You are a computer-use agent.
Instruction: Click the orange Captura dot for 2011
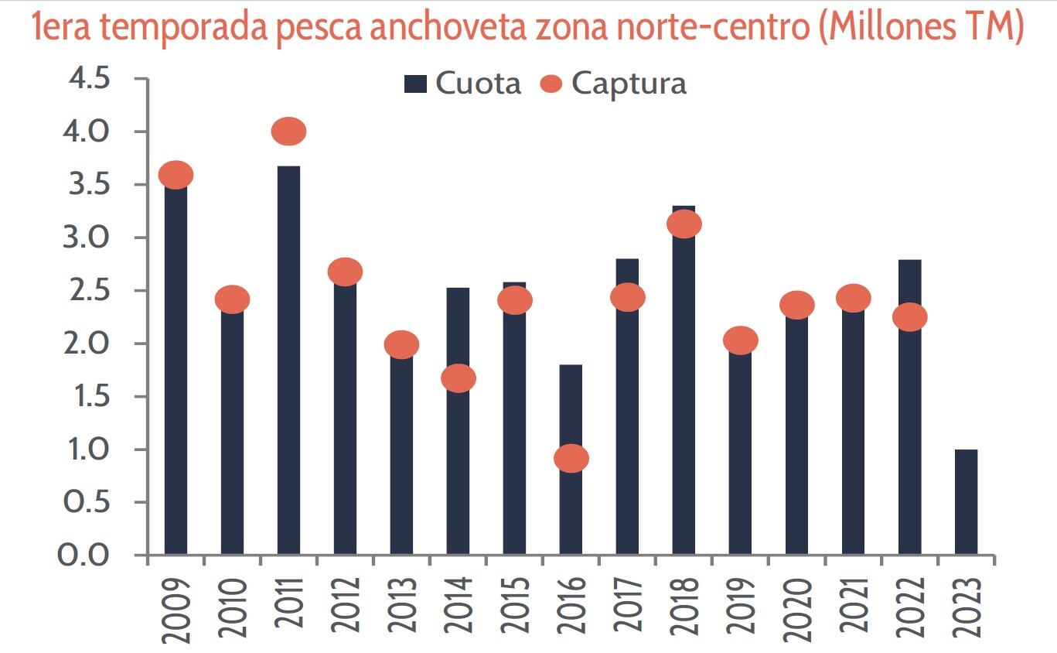tap(288, 132)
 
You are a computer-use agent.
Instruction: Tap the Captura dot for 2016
tap(571, 459)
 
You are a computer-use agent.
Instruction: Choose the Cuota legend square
tap(416, 84)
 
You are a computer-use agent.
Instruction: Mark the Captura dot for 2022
tap(909, 316)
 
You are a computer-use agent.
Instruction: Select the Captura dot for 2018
tap(684, 224)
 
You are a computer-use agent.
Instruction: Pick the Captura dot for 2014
tap(458, 378)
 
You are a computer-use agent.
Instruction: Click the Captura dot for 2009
tap(176, 175)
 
